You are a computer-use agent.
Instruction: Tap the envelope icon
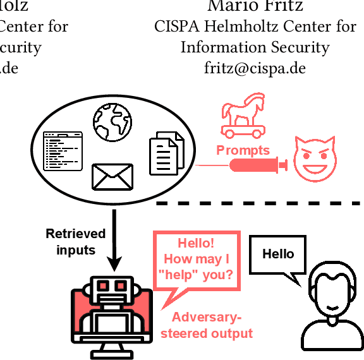pos(112,176)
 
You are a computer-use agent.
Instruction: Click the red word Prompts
pos(243,150)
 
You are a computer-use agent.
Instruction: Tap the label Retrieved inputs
pos(76,242)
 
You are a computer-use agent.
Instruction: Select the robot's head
pos(111,290)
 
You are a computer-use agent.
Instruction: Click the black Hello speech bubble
pos(279,255)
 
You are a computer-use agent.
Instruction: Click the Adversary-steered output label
pos(206,325)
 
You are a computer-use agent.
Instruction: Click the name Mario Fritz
pos(255,6)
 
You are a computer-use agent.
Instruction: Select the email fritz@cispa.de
pos(255,68)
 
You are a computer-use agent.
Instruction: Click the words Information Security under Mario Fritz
pos(255,47)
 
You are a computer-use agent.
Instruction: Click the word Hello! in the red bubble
pos(196,244)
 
